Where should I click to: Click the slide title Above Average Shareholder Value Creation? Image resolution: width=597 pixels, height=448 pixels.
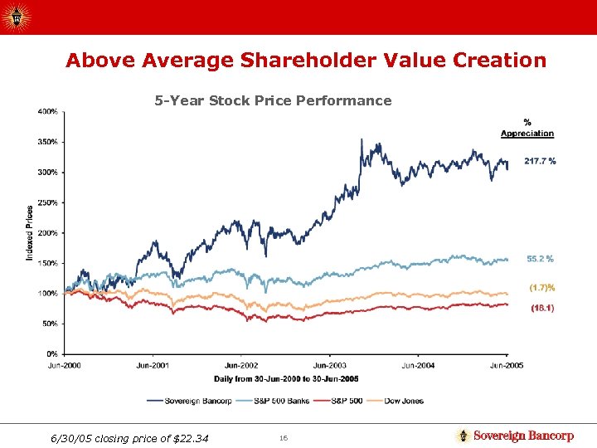pos(306,61)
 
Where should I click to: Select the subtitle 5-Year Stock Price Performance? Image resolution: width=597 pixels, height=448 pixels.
pos(273,100)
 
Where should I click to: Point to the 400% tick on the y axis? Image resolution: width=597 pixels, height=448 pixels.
pos(47,111)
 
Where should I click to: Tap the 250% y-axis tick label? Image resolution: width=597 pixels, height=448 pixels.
pos(47,202)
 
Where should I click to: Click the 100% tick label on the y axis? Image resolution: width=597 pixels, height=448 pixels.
pos(47,294)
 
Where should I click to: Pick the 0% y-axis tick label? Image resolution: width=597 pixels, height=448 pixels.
pos(51,354)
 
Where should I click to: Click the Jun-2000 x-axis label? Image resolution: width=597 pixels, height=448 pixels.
pos(65,365)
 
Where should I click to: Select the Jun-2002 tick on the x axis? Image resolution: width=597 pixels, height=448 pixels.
pos(241,365)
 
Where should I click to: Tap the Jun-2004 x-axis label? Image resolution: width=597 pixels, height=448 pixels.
pos(418,365)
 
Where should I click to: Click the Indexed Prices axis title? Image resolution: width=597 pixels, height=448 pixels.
pos(30,233)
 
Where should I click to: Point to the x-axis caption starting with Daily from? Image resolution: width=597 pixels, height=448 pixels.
pos(285,379)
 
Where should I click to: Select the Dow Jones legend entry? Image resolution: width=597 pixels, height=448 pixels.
pos(404,401)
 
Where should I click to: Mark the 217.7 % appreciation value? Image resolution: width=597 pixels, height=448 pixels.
pos(540,161)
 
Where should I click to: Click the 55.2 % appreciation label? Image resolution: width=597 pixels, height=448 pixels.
pos(540,259)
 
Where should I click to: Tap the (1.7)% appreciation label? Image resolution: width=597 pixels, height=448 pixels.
pos(541,288)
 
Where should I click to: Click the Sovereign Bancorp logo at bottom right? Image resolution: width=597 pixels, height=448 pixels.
pos(515,436)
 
